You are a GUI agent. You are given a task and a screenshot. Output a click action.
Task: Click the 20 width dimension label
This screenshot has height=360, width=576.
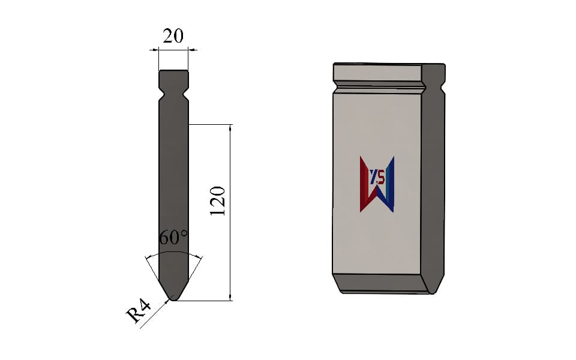pyautogui.click(x=173, y=37)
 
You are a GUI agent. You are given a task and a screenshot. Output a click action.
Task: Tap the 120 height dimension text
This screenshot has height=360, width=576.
pyautogui.click(x=217, y=201)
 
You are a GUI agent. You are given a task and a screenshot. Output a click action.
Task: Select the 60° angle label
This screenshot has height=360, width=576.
pyautogui.click(x=173, y=238)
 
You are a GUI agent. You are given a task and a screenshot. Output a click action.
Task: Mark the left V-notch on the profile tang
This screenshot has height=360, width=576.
pyautogui.click(x=161, y=93)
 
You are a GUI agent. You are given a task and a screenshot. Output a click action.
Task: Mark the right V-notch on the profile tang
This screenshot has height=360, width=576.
pyautogui.click(x=186, y=93)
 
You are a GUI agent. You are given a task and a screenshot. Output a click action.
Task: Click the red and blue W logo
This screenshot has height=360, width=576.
pyautogui.click(x=377, y=184)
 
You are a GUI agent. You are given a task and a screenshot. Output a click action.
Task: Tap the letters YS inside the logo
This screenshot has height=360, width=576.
pyautogui.click(x=377, y=178)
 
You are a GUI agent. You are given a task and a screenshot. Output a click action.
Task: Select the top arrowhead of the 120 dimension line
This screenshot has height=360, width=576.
pyautogui.click(x=230, y=127)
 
